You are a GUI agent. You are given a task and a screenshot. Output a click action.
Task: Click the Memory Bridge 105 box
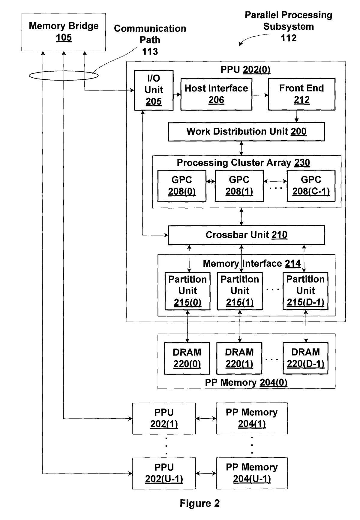64,32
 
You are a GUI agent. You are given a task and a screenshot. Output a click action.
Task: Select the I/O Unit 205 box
154,90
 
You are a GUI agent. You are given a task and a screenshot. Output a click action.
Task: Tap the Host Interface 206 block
216,94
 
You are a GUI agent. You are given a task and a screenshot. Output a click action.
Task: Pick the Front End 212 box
301,94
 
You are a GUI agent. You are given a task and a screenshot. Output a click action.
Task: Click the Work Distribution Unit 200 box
246,132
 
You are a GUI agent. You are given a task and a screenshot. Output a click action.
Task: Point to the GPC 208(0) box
182,186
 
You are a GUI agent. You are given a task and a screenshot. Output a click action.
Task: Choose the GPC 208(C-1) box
311,186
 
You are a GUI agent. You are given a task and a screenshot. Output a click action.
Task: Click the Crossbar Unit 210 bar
246,235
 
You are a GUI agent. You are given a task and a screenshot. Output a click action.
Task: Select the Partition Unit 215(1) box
240,291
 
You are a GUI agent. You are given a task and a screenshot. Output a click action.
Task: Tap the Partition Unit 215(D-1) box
305,291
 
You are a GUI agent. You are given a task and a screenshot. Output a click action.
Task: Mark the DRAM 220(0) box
187,358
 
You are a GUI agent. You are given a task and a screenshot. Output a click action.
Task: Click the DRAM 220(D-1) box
305,358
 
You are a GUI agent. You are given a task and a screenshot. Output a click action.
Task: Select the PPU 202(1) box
164,418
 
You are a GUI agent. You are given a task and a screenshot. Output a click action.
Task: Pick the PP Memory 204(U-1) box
252,473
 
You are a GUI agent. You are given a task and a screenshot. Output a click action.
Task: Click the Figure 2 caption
199,503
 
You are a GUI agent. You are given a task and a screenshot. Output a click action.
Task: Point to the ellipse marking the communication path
64,76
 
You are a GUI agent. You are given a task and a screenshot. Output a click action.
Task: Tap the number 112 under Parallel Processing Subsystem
289,38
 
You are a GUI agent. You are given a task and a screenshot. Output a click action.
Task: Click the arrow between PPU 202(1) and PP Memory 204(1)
206,418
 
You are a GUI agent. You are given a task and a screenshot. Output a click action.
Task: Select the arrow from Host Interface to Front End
260,95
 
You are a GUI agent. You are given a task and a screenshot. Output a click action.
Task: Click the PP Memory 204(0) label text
246,383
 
